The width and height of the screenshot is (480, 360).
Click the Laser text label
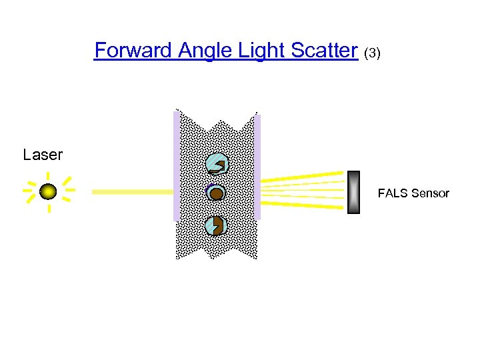pyautogui.click(x=43, y=155)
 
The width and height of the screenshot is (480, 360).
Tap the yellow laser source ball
pyautogui.click(x=48, y=192)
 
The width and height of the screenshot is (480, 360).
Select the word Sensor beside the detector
pyautogui.click(x=430, y=193)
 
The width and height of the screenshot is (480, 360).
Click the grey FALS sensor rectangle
pyautogui.click(x=353, y=192)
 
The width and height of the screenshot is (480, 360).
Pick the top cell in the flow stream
pyautogui.click(x=217, y=163)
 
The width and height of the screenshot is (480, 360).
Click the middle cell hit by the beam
pyautogui.click(x=216, y=193)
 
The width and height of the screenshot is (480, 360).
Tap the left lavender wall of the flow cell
pyautogui.click(x=176, y=167)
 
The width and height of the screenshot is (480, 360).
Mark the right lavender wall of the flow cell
pyautogui.click(x=257, y=167)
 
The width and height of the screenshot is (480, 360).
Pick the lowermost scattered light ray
pyautogui.click(x=303, y=206)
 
